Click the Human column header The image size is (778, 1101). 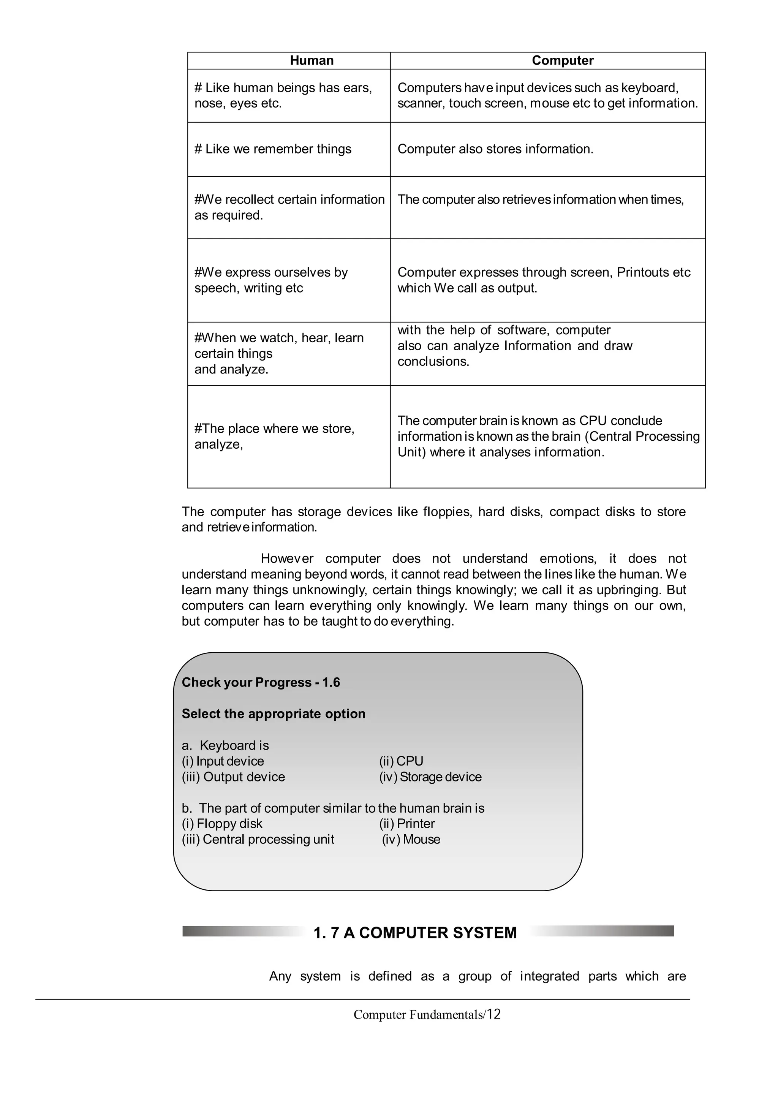point(312,60)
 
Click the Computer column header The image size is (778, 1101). point(562,60)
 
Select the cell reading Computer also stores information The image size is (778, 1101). point(495,149)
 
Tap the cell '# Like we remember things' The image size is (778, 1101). point(273,149)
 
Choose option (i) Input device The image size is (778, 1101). point(223,761)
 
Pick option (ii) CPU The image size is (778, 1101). point(401,761)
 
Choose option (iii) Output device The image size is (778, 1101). point(234,777)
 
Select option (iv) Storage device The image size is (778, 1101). point(430,777)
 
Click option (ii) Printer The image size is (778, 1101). point(407,823)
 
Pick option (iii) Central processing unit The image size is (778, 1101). point(258,839)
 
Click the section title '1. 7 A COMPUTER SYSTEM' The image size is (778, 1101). point(415,933)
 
